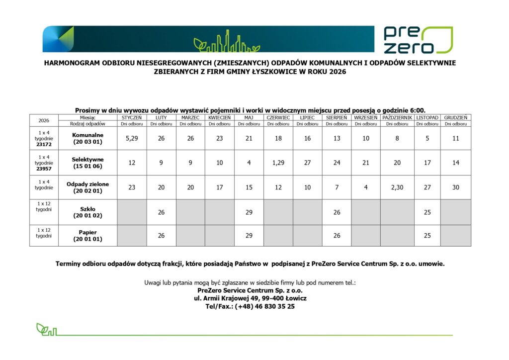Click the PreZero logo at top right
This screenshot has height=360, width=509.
pyautogui.click(x=418, y=40)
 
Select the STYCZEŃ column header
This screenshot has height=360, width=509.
pyautogui.click(x=132, y=117)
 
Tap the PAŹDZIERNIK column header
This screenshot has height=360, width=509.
pyautogui.click(x=397, y=117)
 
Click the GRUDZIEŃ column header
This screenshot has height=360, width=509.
pyautogui.click(x=456, y=117)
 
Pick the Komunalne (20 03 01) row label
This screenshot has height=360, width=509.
pyautogui.click(x=88, y=138)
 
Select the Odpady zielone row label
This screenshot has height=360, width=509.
pyautogui.click(x=88, y=187)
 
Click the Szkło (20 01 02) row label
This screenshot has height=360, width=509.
pyautogui.click(x=88, y=212)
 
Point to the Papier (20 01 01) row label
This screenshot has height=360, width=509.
pyautogui.click(x=88, y=235)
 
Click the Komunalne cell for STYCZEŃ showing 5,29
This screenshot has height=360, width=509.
pyautogui.click(x=132, y=138)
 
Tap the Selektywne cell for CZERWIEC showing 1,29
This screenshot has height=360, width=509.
pyautogui.click(x=278, y=163)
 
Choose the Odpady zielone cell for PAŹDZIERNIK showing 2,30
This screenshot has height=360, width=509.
pyautogui.click(x=397, y=187)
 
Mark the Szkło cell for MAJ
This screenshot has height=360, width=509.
pyautogui.click(x=249, y=212)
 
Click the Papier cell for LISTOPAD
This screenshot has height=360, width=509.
pyautogui.click(x=427, y=235)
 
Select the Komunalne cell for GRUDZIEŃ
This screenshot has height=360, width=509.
pyautogui.click(x=456, y=138)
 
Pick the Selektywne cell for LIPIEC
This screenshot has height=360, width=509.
pyautogui.click(x=308, y=163)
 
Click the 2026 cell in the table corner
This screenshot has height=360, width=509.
pyautogui.click(x=44, y=120)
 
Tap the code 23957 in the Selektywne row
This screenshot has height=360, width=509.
pyautogui.click(x=44, y=168)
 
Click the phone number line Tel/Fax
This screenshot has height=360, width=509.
pyautogui.click(x=250, y=306)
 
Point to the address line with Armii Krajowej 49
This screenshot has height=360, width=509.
pyautogui.click(x=250, y=298)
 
